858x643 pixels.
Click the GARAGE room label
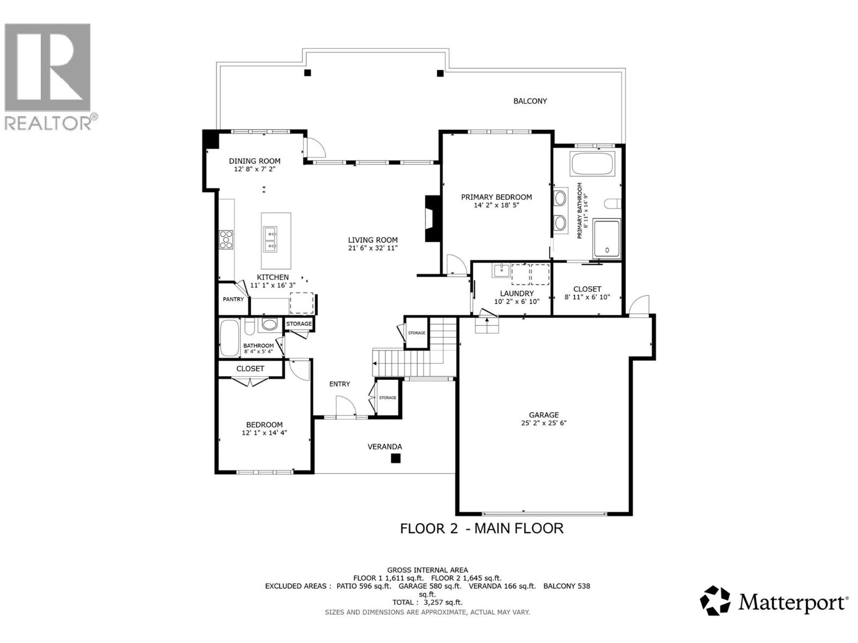[x=544, y=415]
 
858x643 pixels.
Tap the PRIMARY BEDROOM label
[x=496, y=197]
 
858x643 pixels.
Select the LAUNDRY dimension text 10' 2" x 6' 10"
[x=516, y=302]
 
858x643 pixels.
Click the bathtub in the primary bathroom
[x=593, y=164]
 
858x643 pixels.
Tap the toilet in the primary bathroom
[x=612, y=204]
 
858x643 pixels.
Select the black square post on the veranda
[x=396, y=458]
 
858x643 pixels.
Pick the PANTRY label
[x=233, y=299]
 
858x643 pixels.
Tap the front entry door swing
[x=344, y=405]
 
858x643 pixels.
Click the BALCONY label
[x=530, y=101]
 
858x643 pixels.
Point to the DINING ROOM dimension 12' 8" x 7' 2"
[x=254, y=169]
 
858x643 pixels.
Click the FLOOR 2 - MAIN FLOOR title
[x=482, y=528]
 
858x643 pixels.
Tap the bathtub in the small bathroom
[x=230, y=338]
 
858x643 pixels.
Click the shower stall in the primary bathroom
[x=606, y=238]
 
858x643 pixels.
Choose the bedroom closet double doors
[x=250, y=381]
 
